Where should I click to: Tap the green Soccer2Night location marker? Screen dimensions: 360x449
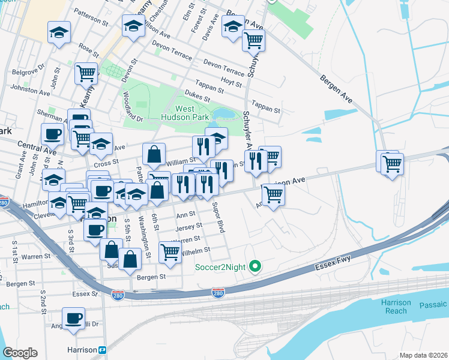coord(255,265)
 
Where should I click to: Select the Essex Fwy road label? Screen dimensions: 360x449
coord(333,262)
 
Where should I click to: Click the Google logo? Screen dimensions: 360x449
coord(20,353)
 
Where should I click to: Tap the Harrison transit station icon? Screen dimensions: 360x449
coord(102,350)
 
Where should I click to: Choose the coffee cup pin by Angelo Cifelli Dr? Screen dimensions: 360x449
coord(73,318)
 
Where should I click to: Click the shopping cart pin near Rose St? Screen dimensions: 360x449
coord(86,73)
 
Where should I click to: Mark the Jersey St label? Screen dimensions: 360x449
coord(185,227)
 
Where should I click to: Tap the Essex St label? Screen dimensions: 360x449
coord(85,294)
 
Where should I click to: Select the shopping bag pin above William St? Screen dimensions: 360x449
coord(154,154)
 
